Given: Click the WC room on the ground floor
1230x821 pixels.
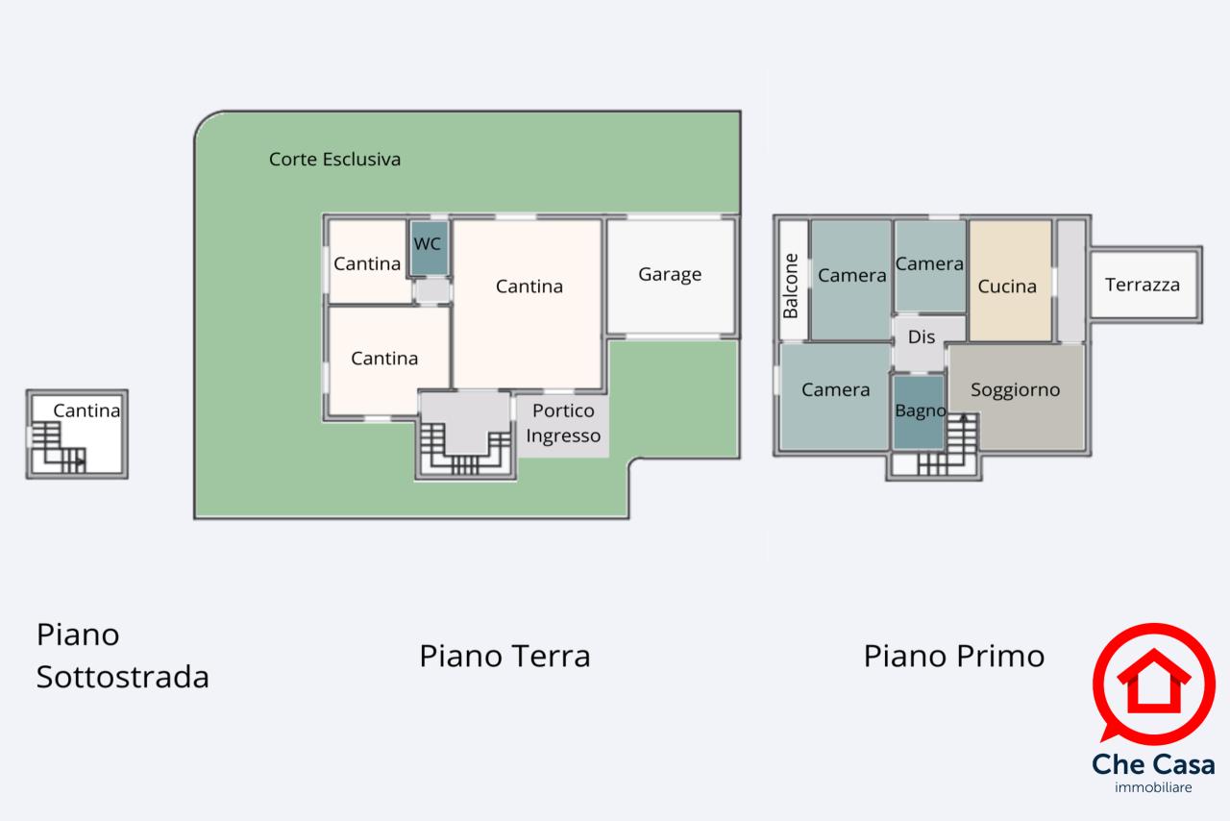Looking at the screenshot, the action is pyautogui.click(x=429, y=248).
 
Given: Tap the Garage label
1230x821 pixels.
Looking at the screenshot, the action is pyautogui.click(x=670, y=274).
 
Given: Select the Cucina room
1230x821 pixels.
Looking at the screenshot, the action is pyautogui.click(x=1010, y=281).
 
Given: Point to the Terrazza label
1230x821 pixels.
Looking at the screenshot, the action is pyautogui.click(x=1143, y=285).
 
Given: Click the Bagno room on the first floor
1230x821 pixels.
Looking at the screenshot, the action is pyautogui.click(x=919, y=412).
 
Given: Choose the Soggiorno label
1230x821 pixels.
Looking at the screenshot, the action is pyautogui.click(x=1015, y=389).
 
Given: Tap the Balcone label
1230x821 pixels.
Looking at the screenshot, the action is pyautogui.click(x=790, y=286).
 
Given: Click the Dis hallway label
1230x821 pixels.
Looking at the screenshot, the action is pyautogui.click(x=921, y=336).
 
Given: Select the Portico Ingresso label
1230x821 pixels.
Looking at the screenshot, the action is pyautogui.click(x=563, y=423).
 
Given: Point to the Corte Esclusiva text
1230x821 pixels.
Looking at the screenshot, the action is pyautogui.click(x=334, y=160).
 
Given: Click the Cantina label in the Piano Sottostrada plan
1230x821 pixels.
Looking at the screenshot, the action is pyautogui.click(x=86, y=410).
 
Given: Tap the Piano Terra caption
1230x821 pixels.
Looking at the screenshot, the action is pyautogui.click(x=504, y=656).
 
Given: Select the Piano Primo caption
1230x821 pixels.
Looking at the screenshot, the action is pyautogui.click(x=954, y=656).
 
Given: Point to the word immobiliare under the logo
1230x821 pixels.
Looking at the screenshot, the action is pyautogui.click(x=1153, y=787).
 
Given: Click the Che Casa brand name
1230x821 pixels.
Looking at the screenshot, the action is pyautogui.click(x=1153, y=764).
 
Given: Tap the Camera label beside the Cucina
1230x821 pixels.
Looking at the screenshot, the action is pyautogui.click(x=929, y=263).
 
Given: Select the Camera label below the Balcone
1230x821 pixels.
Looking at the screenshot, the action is pyautogui.click(x=835, y=389).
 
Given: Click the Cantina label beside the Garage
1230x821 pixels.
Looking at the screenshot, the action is pyautogui.click(x=529, y=286).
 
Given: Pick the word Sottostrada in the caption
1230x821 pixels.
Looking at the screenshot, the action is pyautogui.click(x=122, y=677).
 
